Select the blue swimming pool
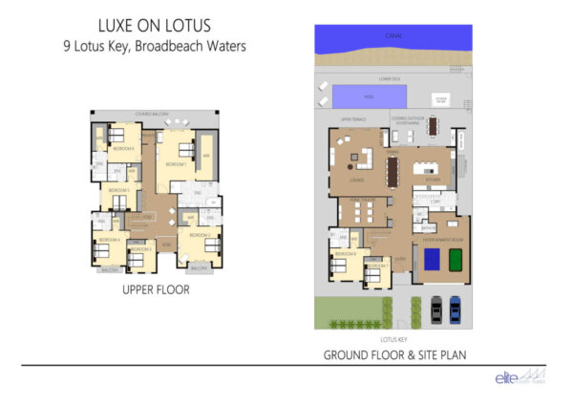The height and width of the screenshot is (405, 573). pyautogui.click(x=369, y=96)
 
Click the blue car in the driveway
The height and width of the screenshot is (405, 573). pyautogui.click(x=455, y=309)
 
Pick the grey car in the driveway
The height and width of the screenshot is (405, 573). pyautogui.click(x=436, y=309)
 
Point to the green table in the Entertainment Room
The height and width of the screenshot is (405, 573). pyautogui.click(x=456, y=259)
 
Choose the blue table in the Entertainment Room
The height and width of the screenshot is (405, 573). pyautogui.click(x=432, y=259)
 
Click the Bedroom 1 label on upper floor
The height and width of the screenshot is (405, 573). pyautogui.click(x=175, y=164)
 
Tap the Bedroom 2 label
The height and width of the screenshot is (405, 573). pyautogui.click(x=199, y=234)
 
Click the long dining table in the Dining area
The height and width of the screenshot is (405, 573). pyautogui.click(x=392, y=172)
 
